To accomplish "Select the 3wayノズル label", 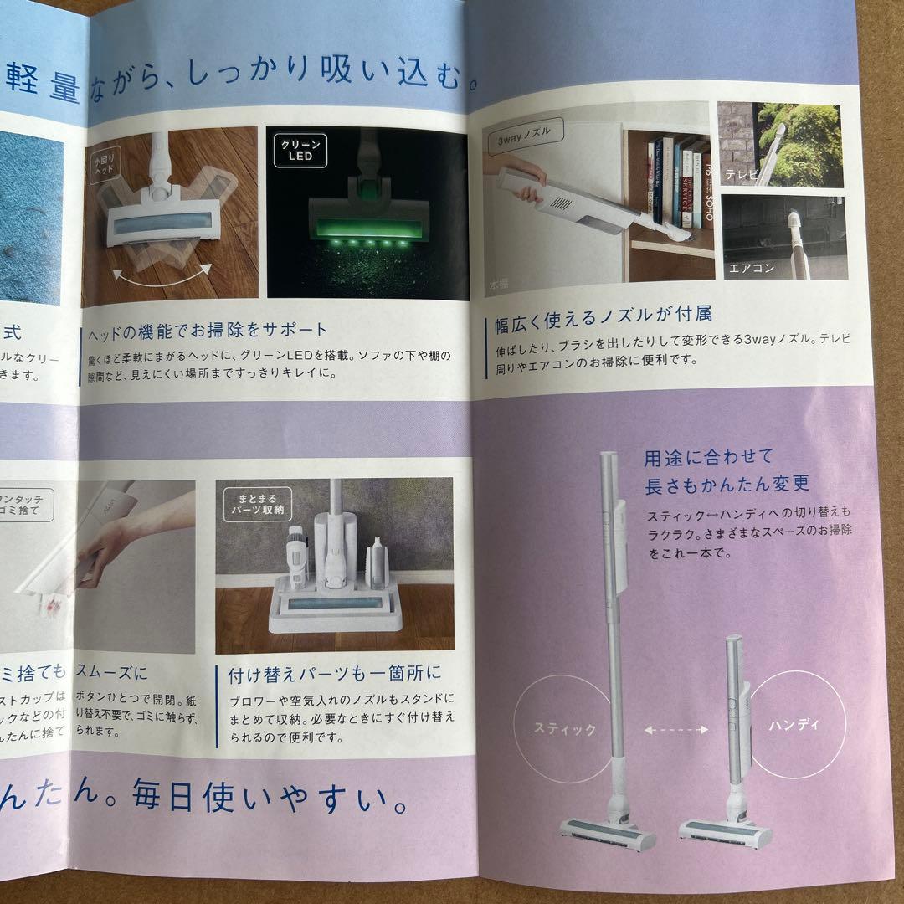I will pos(525,132).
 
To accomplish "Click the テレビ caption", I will pos(742,175).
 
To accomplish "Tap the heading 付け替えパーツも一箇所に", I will pos(335,673).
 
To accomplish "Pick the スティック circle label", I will pos(566,729).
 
